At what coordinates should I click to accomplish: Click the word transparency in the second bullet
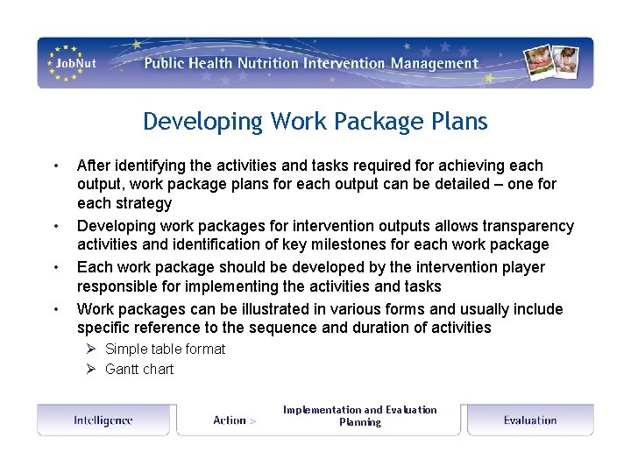point(530,226)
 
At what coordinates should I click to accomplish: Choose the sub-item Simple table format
point(165,349)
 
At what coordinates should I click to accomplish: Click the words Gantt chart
point(139,369)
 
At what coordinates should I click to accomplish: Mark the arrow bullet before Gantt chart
point(90,369)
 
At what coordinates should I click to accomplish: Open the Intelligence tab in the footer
point(103,420)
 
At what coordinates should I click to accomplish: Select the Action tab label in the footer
point(230,420)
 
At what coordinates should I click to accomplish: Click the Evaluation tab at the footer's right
point(530,420)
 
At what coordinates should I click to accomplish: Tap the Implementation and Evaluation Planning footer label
point(359,415)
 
